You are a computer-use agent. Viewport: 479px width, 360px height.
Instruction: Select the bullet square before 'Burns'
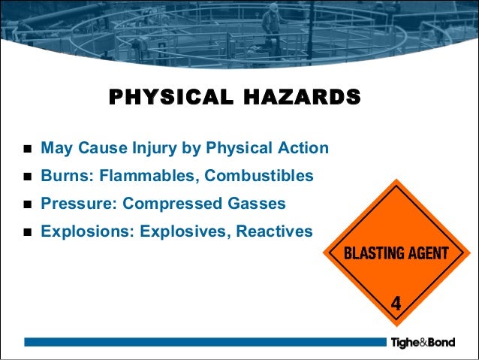point(27,177)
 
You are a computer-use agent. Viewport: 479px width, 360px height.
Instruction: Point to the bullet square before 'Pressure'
point(27,204)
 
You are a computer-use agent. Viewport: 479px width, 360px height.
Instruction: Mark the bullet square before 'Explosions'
point(27,232)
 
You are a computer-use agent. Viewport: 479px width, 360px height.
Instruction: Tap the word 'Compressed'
point(167,204)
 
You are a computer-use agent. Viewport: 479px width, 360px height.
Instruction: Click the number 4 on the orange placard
point(396,304)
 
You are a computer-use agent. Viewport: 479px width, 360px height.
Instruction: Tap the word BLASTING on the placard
point(374,253)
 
